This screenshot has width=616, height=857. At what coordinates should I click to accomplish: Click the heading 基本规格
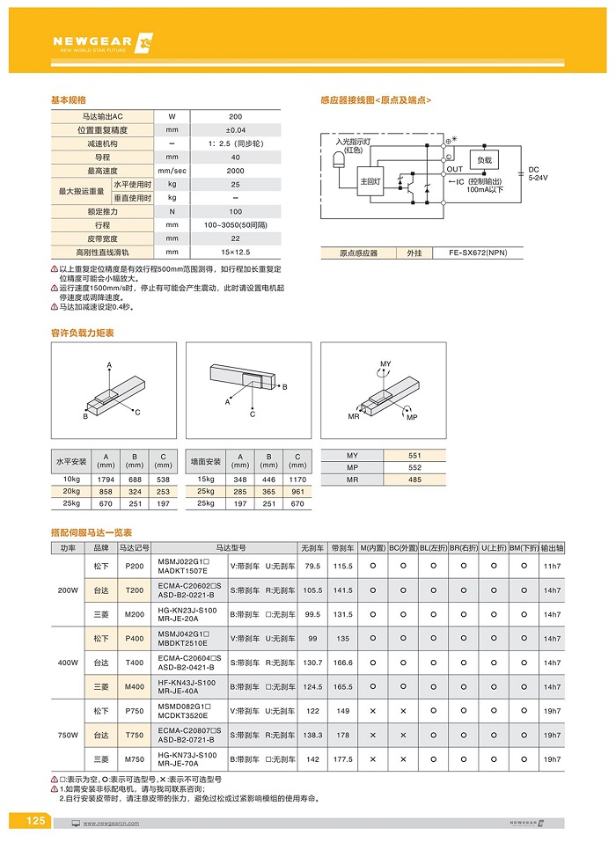coord(69,100)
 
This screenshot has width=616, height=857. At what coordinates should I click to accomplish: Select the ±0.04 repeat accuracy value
coord(235,129)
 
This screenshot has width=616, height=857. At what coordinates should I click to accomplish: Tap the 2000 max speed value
coord(235,171)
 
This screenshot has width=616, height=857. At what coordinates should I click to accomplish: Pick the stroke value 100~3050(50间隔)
coord(235,225)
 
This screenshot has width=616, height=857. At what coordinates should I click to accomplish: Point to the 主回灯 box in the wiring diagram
coord(370,181)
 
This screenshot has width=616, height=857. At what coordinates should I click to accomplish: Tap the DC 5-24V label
coord(537,173)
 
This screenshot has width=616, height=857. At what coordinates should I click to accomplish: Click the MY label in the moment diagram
coord(385,363)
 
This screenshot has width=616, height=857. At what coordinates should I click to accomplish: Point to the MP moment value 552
coord(415,467)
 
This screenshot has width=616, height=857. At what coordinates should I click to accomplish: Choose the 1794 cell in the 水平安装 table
coord(106,479)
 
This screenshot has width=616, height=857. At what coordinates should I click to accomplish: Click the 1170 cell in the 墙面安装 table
coord(297,479)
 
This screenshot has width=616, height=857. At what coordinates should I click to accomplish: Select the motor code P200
coord(135,566)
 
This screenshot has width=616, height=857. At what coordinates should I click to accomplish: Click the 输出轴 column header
coord(552,546)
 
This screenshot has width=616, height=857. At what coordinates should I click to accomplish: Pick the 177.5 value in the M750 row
coord(343,758)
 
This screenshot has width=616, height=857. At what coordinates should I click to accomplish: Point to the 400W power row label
coord(68,663)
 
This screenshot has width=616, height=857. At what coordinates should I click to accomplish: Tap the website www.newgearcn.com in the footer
coord(113,823)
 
